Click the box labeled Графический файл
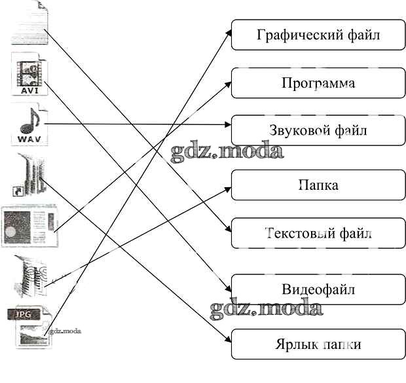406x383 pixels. (x=318, y=35)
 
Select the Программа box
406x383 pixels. (x=318, y=83)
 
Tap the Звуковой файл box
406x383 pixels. (x=318, y=130)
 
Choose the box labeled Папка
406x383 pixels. (x=318, y=185)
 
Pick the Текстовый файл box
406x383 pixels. (x=318, y=234)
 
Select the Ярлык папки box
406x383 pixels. (x=318, y=344)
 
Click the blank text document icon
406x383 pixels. (x=29, y=23)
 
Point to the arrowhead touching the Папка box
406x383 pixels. (x=229, y=187)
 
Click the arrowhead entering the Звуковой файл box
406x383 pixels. (x=229, y=123)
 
